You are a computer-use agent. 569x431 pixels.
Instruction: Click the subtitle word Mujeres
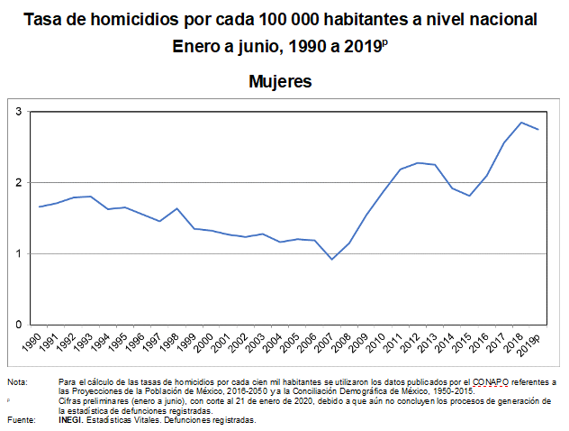tap(280, 82)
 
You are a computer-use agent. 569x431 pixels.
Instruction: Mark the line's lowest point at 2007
tap(332, 260)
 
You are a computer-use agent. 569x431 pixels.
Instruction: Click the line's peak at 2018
tap(521, 123)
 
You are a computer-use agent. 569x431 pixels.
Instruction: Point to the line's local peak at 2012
tap(418, 162)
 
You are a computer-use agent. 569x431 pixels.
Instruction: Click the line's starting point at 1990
tap(40, 206)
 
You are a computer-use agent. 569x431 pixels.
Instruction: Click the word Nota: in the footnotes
tap(17, 381)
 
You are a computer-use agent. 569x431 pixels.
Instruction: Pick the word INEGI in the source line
tap(72, 420)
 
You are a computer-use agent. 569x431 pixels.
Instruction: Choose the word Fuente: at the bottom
tap(22, 420)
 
